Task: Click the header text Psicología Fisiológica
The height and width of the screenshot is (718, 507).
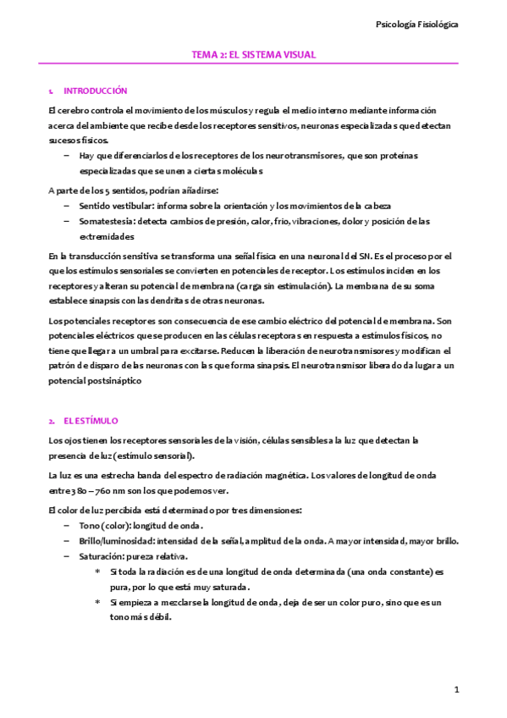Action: pyautogui.click(x=417, y=25)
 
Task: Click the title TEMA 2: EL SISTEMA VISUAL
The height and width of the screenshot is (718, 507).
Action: pyautogui.click(x=254, y=54)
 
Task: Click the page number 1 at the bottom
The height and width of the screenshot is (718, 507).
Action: pyautogui.click(x=456, y=690)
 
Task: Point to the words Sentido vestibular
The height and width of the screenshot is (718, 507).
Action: pyautogui.click(x=107, y=206)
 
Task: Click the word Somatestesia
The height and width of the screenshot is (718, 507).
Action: pyautogui.click(x=106, y=221)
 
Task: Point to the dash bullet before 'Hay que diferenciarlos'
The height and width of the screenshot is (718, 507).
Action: pyautogui.click(x=67, y=156)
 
